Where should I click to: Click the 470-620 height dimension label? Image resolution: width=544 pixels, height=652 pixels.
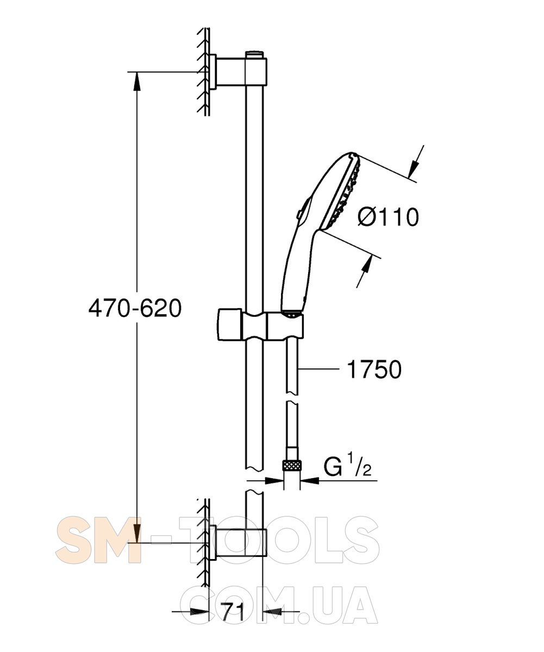(135, 309)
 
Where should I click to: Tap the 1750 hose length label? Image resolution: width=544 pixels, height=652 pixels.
(374, 369)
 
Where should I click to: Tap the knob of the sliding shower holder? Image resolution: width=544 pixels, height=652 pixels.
(229, 324)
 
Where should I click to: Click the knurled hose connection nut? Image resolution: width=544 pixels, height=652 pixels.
(292, 474)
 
